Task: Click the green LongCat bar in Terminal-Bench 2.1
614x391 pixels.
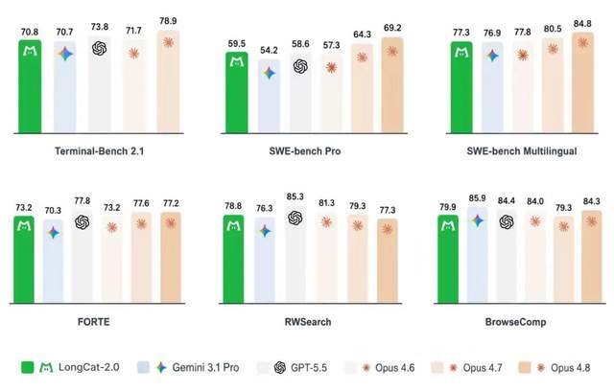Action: pyautogui.click(x=30, y=86)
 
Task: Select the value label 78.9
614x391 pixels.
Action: pyautogui.click(x=168, y=21)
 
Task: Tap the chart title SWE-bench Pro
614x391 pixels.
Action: pyautogui.click(x=305, y=150)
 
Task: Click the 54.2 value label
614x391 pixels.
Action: pyautogui.click(x=269, y=50)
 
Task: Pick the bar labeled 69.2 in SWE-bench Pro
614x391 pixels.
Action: pyautogui.click(x=392, y=85)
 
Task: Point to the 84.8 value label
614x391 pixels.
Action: pyautogui.click(x=582, y=24)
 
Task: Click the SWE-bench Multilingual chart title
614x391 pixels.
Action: pyautogui.click(x=522, y=150)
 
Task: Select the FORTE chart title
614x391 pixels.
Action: pyautogui.click(x=94, y=322)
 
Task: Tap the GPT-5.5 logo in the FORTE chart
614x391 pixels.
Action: pyautogui.click(x=83, y=222)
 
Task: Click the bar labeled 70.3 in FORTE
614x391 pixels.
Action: pyautogui.click(x=53, y=261)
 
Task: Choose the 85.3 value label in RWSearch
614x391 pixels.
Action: pyautogui.click(x=295, y=196)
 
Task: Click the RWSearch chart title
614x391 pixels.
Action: pyautogui.click(x=308, y=322)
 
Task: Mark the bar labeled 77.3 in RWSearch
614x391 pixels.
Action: pyautogui.click(x=388, y=261)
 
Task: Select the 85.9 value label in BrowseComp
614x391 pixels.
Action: pyautogui.click(x=478, y=198)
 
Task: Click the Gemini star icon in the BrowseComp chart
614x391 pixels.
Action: pyautogui.click(x=478, y=221)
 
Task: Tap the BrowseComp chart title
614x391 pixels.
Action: pyautogui.click(x=515, y=322)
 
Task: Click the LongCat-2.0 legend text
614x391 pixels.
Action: pyautogui.click(x=89, y=367)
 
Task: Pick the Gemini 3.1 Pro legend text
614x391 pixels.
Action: pyautogui.click(x=205, y=368)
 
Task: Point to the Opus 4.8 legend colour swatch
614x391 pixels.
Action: pyautogui.click(x=525, y=368)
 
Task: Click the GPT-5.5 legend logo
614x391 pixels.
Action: pyautogui.click(x=280, y=368)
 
